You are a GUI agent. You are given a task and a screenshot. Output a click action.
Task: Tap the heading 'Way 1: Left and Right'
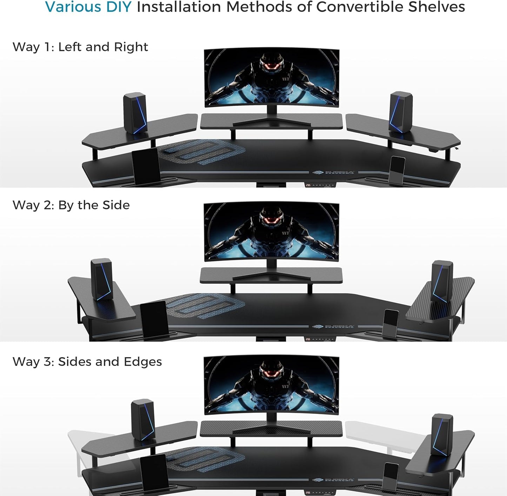coord(80,47)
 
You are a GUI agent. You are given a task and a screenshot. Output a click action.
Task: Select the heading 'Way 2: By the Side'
coord(71,205)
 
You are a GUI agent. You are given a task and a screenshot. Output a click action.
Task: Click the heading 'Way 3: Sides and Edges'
coord(87,362)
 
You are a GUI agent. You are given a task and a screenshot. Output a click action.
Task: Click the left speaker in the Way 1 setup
coord(134,113)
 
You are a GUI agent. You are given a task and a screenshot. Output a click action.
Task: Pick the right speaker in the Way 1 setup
coord(401,112)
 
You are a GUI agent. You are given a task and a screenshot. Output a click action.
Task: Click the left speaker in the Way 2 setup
coord(102,279)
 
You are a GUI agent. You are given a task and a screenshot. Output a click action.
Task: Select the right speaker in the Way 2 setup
coord(442,281)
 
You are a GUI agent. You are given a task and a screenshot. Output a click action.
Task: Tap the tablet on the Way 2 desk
coord(154,319)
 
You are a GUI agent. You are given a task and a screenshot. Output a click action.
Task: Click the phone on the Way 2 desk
coord(390,323)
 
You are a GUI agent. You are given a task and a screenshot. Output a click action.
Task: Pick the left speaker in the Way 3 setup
coord(143,419)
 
